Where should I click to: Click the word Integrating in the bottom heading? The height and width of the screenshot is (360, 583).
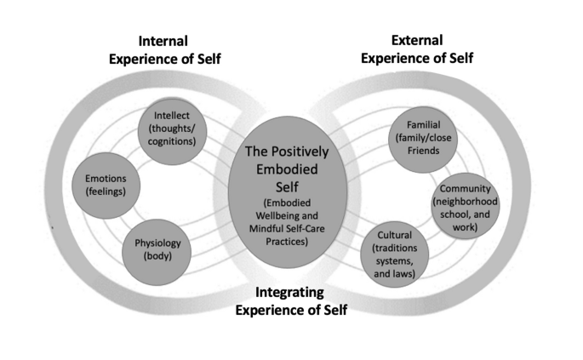(289, 294)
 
